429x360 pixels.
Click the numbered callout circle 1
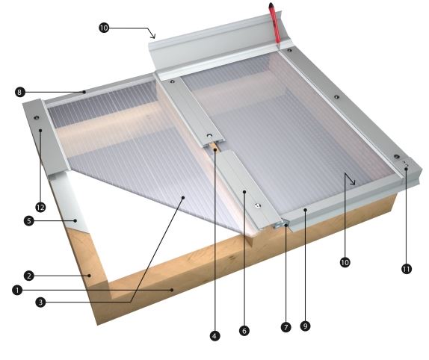17,290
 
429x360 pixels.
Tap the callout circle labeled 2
29,276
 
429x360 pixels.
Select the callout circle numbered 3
40,302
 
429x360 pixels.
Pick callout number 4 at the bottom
214,335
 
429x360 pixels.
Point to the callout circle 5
29,220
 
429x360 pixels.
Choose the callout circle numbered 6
244,331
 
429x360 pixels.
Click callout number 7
286,327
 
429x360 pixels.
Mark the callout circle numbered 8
19,92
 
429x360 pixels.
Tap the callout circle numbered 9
306,326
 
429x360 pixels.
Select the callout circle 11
407,269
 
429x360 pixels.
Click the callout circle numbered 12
40,207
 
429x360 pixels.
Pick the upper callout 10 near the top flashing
104,28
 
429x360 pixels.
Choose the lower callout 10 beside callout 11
345,262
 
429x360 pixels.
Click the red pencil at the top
274,23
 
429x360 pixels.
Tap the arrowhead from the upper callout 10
153,35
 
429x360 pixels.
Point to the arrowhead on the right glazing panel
351,179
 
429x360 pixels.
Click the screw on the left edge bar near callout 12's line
36,118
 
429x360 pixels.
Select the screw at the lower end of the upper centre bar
209,136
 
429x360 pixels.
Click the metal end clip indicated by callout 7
280,225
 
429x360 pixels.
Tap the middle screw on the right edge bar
337,97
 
